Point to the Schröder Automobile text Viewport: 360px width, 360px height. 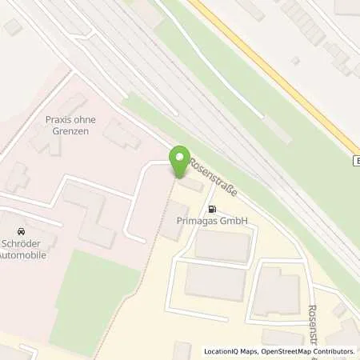(x=23, y=249)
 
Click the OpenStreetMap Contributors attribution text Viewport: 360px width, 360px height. (x=307, y=351)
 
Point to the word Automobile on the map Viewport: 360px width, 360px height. (x=23, y=255)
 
